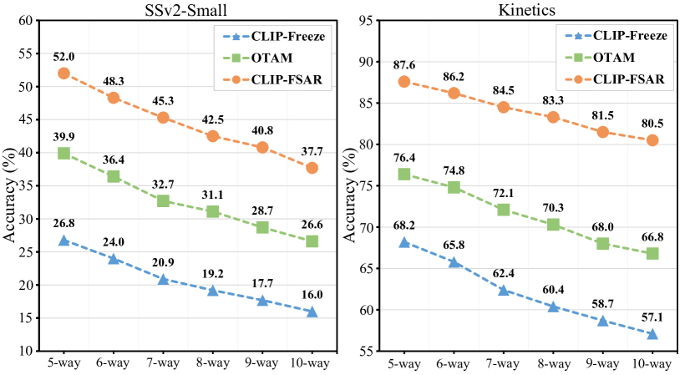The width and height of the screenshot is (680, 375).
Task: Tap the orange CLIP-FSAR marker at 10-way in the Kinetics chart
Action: [x=652, y=140]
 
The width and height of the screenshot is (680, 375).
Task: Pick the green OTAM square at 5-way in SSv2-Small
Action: [x=63, y=154]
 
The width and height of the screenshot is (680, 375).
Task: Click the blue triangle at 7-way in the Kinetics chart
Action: [x=504, y=290]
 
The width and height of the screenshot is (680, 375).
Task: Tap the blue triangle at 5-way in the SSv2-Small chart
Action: [x=63, y=241]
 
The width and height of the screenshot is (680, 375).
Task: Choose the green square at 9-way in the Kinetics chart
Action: [x=602, y=244]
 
